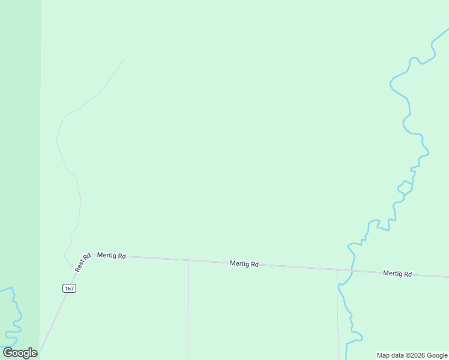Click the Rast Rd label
click(x=83, y=263)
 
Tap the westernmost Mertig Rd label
click(x=112, y=256)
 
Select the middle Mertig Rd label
click(x=244, y=263)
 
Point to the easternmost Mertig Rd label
click(x=397, y=274)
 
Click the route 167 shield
click(x=69, y=289)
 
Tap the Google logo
click(x=20, y=353)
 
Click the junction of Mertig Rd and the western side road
click(x=188, y=260)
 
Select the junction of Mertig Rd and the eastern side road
click(x=337, y=270)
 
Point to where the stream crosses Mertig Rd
click(x=352, y=271)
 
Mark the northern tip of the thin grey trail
click(x=124, y=59)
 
